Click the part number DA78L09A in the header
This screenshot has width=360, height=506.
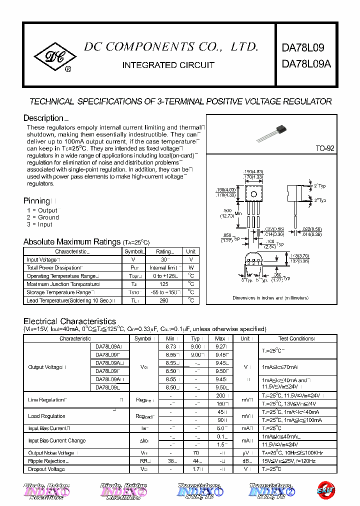click(306, 64)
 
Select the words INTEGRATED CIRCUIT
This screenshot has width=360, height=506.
click(168, 65)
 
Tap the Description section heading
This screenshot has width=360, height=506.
click(43, 118)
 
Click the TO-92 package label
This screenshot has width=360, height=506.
click(324, 149)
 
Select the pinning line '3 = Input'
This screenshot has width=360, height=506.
click(39, 224)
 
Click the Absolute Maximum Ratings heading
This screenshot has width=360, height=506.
click(72, 242)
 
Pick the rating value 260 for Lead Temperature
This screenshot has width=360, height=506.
click(163, 300)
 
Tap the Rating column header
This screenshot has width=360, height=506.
click(164, 251)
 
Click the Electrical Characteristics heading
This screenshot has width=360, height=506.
click(69, 321)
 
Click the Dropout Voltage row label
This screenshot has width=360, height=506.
click(46, 469)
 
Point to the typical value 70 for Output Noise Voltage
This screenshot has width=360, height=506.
click(196, 453)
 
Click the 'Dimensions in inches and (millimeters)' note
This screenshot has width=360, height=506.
click(270, 297)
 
